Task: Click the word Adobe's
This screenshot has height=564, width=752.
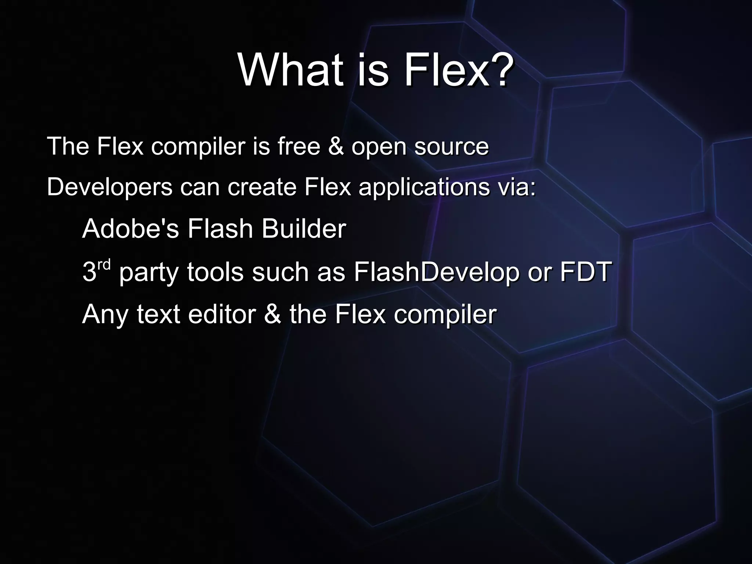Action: pyautogui.click(x=131, y=229)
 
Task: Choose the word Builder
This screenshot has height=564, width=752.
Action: pyautogui.click(x=304, y=229)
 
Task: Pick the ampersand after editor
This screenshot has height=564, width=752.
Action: pyautogui.click(x=272, y=314)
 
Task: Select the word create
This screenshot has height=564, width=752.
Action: pyautogui.click(x=262, y=187)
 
